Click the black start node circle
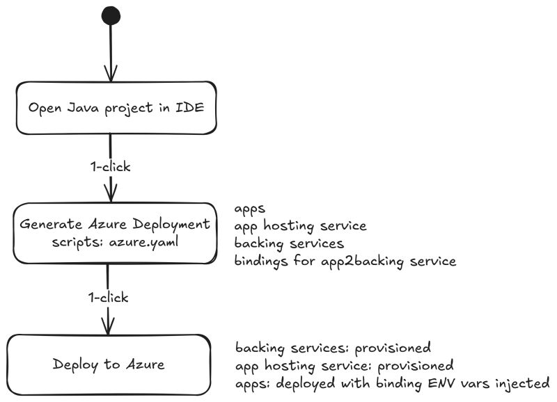click(x=111, y=15)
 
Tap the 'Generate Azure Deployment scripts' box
click(x=114, y=233)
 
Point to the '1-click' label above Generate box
click(x=111, y=167)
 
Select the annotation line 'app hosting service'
click(x=300, y=226)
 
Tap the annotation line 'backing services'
click(x=289, y=244)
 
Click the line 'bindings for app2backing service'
click(x=345, y=262)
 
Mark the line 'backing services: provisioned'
click(x=333, y=347)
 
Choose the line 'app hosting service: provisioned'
click(x=344, y=364)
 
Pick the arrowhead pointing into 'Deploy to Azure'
click(x=108, y=325)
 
